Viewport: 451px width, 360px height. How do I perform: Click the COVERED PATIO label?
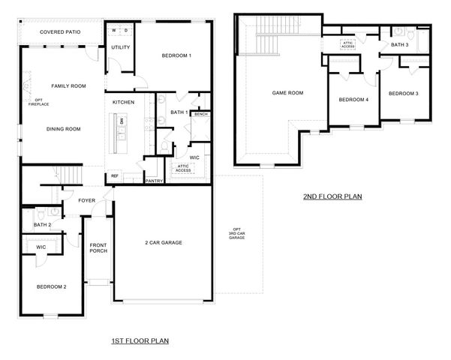pos(61,33)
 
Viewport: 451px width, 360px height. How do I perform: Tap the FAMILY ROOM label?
pos(68,86)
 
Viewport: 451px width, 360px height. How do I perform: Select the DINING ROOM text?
pos(63,129)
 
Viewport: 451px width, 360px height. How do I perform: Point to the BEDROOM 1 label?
pos(177,55)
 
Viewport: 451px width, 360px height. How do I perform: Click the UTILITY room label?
pos(121,48)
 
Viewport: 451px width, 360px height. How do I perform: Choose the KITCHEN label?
pos(123,102)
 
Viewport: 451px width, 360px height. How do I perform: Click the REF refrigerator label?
pos(114,176)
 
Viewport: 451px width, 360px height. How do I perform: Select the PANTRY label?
pos(154,181)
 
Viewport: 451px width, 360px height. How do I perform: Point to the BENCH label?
pos(200,115)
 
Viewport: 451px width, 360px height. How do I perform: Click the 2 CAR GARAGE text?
pos(164,242)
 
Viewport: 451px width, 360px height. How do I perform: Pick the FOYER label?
pos(87,200)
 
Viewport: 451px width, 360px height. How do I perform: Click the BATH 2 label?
pos(42,225)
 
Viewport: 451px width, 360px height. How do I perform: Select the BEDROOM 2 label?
pos(52,286)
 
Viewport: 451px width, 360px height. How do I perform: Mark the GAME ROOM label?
pos(287,93)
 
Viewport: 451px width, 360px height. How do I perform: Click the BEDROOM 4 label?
pos(353,100)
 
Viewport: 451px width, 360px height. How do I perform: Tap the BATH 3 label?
pos(400,46)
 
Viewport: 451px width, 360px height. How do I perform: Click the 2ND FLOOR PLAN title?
pos(332,197)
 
